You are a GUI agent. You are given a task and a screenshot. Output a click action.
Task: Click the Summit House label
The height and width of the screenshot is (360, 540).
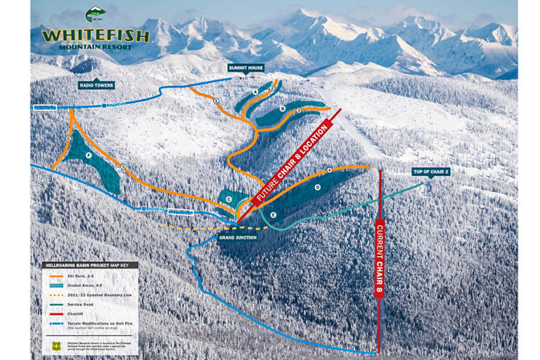coord(245,68)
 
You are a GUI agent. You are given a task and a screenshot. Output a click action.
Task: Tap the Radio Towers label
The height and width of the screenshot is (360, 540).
coord(96,85)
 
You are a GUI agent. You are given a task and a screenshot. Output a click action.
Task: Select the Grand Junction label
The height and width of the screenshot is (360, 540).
coord(237,238)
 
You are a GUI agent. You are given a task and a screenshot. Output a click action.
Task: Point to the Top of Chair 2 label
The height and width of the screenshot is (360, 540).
coord(430,172)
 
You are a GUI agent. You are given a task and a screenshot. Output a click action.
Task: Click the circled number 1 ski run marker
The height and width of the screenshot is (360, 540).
coord(216,101)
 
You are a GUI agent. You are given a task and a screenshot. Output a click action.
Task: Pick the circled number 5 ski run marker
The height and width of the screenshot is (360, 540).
coord(122,167)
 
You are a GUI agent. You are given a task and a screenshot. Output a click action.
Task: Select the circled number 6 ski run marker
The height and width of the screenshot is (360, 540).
coord(69,139)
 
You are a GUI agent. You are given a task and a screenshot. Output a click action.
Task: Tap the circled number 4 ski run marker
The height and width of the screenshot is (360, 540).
coord(329,170)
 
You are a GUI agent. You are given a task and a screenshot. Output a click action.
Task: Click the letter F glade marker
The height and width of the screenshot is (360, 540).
coord(88,155)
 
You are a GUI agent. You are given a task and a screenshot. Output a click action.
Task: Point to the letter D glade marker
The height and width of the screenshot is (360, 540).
coord(317,187)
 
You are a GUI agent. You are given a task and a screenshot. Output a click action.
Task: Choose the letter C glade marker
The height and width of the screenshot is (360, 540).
coord(229,199)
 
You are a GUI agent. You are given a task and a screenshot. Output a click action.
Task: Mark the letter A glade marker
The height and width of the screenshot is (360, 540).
coord(255,92)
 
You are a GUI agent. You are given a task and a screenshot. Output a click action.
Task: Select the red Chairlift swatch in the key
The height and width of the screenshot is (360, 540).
coord(53,309)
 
